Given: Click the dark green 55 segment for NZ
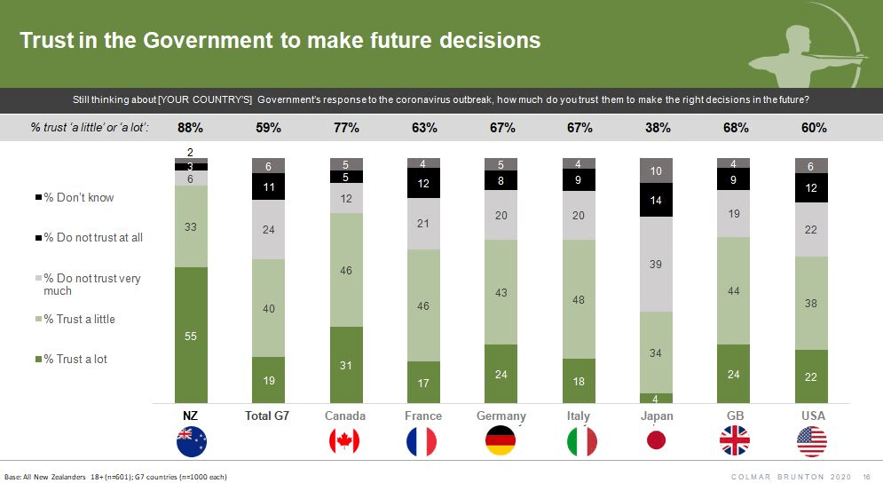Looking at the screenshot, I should click(x=191, y=335).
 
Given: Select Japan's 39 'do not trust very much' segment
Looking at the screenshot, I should click(x=657, y=264).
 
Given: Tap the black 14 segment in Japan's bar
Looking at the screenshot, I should click(x=657, y=201).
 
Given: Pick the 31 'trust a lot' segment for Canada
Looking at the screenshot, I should click(x=346, y=364).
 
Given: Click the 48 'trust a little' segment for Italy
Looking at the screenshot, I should click(x=579, y=299).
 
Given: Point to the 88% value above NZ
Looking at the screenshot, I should click(x=191, y=128).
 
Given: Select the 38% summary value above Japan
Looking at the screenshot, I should click(x=657, y=128).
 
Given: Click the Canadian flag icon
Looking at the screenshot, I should click(x=346, y=440).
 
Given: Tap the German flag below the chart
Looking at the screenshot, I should click(x=501, y=440).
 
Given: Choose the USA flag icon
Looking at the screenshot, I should click(x=812, y=440).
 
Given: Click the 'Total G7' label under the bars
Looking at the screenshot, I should click(x=268, y=416).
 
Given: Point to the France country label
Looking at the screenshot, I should click(x=423, y=416).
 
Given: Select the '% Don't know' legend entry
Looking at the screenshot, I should click(x=80, y=197).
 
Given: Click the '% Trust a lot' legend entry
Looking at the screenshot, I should click(x=81, y=359).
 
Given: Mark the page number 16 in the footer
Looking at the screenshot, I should click(x=866, y=477).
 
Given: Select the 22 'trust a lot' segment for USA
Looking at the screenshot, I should click(x=812, y=376).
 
